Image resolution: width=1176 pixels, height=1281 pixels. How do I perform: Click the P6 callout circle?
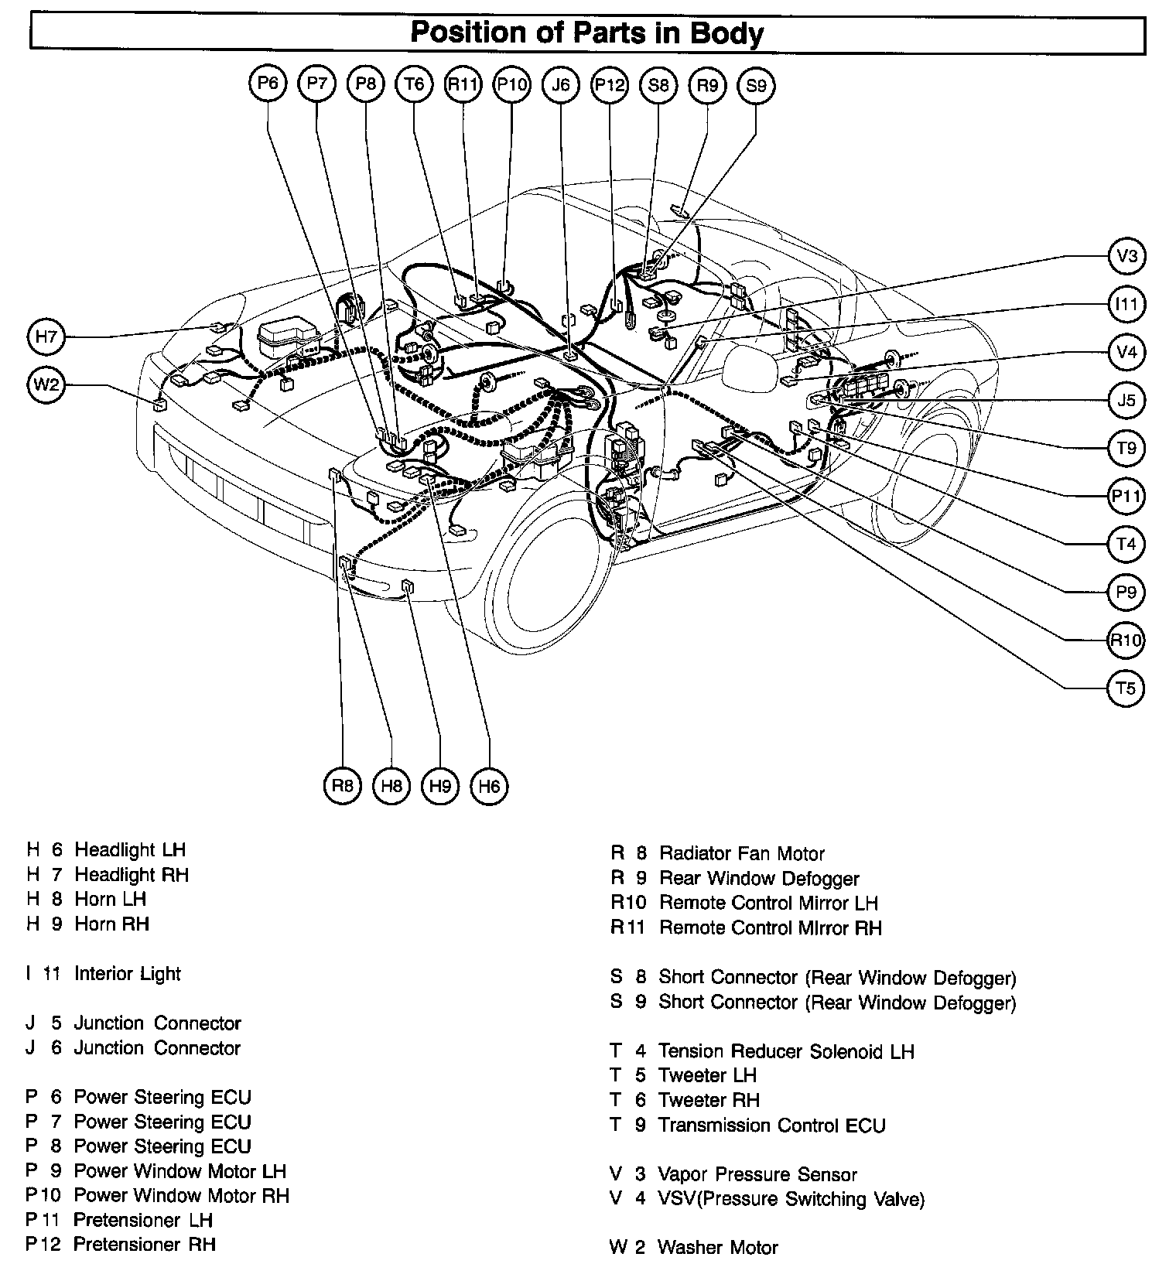268,84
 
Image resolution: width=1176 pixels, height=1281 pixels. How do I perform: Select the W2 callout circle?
47,384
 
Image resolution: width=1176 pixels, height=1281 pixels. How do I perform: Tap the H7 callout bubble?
47,336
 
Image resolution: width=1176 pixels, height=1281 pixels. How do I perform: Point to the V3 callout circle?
1126,256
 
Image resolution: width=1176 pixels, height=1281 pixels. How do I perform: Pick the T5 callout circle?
1126,688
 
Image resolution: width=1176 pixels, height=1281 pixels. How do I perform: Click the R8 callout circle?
342,786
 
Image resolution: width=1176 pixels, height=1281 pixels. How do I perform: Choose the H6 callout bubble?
489,787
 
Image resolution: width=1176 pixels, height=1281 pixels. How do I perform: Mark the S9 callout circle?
756,85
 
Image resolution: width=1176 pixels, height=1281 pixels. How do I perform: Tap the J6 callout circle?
561,84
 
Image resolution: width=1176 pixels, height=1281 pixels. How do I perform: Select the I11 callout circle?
1126,304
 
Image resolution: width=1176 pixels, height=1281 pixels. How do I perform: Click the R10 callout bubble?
1126,640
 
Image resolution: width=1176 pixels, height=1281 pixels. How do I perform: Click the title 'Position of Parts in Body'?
586,33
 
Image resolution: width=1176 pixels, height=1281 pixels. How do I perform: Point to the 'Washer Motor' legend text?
717,1247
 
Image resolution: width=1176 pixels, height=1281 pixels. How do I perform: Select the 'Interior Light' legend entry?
127,973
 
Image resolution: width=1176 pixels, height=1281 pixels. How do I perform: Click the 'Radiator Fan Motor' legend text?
741,853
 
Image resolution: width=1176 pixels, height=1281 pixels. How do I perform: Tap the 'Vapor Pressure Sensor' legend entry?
757,1174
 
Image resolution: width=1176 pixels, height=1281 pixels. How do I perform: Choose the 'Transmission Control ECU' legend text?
771,1125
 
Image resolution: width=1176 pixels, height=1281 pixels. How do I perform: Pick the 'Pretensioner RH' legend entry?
145,1244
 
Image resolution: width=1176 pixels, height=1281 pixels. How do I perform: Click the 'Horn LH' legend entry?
110,899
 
